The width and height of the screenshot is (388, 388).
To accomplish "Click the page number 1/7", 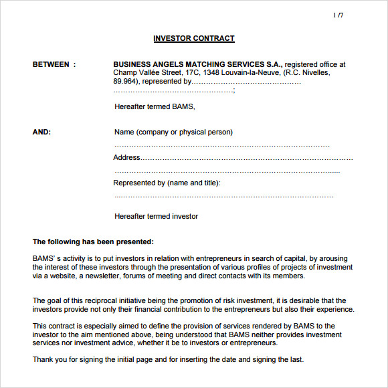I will (338, 15).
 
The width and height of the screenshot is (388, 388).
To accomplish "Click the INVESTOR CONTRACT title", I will (194, 39).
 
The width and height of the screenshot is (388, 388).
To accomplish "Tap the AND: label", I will (41, 132).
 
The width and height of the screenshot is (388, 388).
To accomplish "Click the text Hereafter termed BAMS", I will (155, 107).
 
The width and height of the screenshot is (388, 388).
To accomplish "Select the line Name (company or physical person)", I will (173, 132).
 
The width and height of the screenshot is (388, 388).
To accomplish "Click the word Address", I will (126, 158).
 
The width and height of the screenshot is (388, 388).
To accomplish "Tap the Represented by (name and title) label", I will (167, 183).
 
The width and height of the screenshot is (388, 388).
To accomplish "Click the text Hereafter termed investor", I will (156, 216).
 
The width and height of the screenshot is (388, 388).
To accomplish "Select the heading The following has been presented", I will (93, 241).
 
